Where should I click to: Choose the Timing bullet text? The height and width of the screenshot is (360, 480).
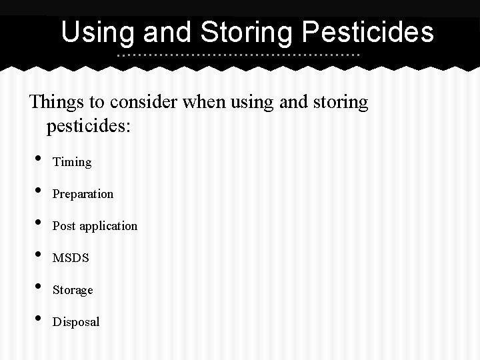tap(72, 162)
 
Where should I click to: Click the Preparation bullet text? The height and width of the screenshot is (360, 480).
tap(83, 194)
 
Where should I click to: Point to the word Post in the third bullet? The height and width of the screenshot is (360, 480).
tap(64, 226)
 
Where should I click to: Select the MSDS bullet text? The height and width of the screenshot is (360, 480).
tap(71, 258)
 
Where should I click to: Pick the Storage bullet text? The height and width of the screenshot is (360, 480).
tap(73, 290)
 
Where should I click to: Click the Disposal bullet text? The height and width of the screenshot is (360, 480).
tap(76, 322)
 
